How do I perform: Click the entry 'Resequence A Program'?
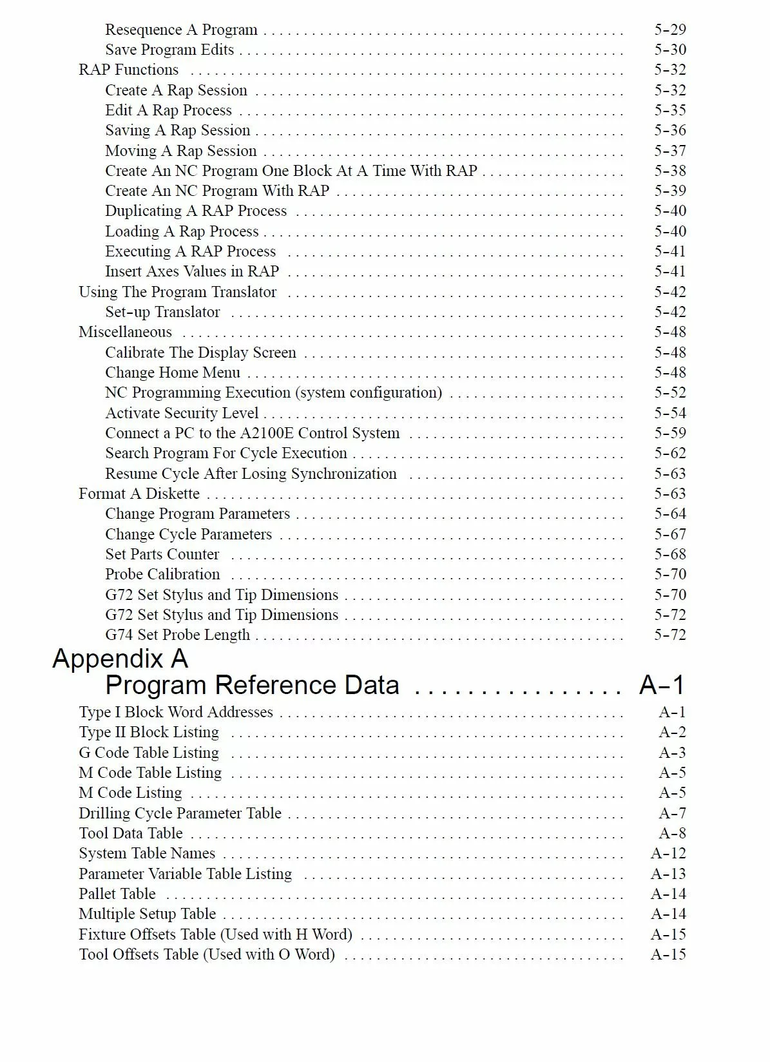181,30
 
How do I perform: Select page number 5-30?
670,50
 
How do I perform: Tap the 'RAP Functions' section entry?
128,70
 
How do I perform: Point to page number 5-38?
670,171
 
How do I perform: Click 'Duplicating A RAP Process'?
196,211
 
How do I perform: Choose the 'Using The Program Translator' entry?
177,292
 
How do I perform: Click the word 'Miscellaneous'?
125,332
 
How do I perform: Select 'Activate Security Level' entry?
182,413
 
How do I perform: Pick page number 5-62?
670,453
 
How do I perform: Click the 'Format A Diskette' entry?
139,494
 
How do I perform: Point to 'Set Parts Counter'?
162,554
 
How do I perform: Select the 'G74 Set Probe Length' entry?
177,635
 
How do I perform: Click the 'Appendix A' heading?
120,659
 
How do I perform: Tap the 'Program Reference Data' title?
252,685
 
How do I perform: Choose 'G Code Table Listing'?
149,753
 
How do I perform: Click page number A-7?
672,813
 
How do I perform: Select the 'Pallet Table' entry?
117,894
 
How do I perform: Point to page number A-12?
668,853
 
